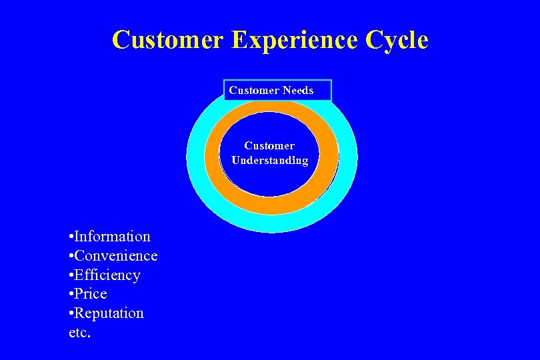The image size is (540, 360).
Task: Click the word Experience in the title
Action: click(294, 41)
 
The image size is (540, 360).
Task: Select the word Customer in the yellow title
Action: click(168, 41)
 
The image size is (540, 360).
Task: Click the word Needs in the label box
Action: click(298, 91)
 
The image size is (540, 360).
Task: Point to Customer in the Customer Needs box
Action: click(254, 91)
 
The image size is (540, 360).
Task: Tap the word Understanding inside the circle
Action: click(269, 161)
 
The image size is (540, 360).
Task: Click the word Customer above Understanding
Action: click(269, 145)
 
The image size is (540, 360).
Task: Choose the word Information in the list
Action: click(113, 236)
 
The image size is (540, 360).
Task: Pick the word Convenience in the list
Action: click(116, 255)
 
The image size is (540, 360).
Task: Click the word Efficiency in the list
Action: click(107, 275)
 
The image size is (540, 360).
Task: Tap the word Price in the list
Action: click(91, 294)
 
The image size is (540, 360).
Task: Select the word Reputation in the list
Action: click(109, 313)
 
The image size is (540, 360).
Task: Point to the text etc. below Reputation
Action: click(79, 332)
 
